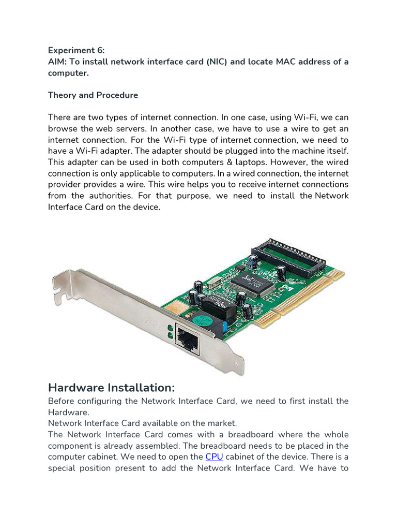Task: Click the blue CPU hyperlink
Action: point(214,457)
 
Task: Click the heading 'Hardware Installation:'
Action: point(112,388)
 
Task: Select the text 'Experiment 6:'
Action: point(76,51)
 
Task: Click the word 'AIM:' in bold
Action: point(58,62)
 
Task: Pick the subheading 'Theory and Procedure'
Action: point(93,95)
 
